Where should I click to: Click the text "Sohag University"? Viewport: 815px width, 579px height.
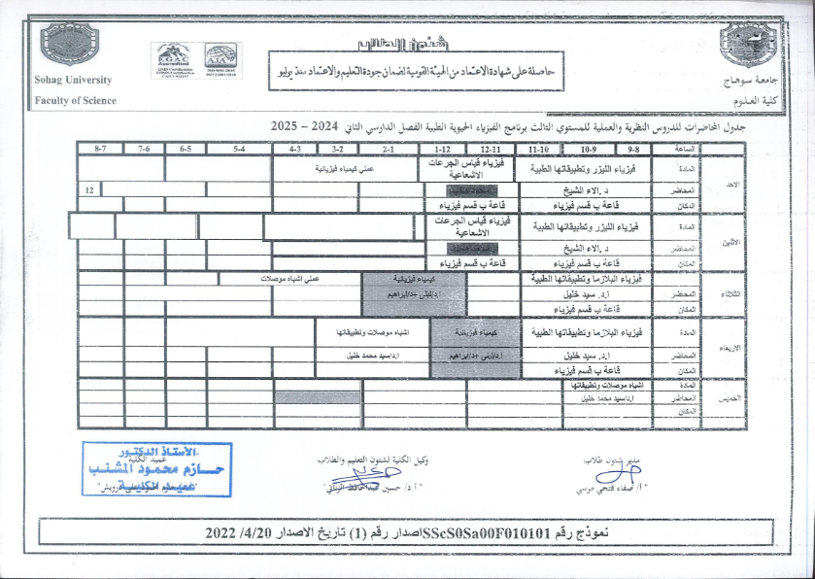73,81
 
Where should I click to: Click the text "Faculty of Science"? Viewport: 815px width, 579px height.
75,100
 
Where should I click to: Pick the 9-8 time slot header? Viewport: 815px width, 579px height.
632,150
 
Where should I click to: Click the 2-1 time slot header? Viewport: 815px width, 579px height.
387,150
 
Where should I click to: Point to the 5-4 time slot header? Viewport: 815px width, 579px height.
239,150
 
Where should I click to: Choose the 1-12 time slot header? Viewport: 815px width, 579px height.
443,150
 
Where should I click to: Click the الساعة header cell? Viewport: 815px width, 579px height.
685,150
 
